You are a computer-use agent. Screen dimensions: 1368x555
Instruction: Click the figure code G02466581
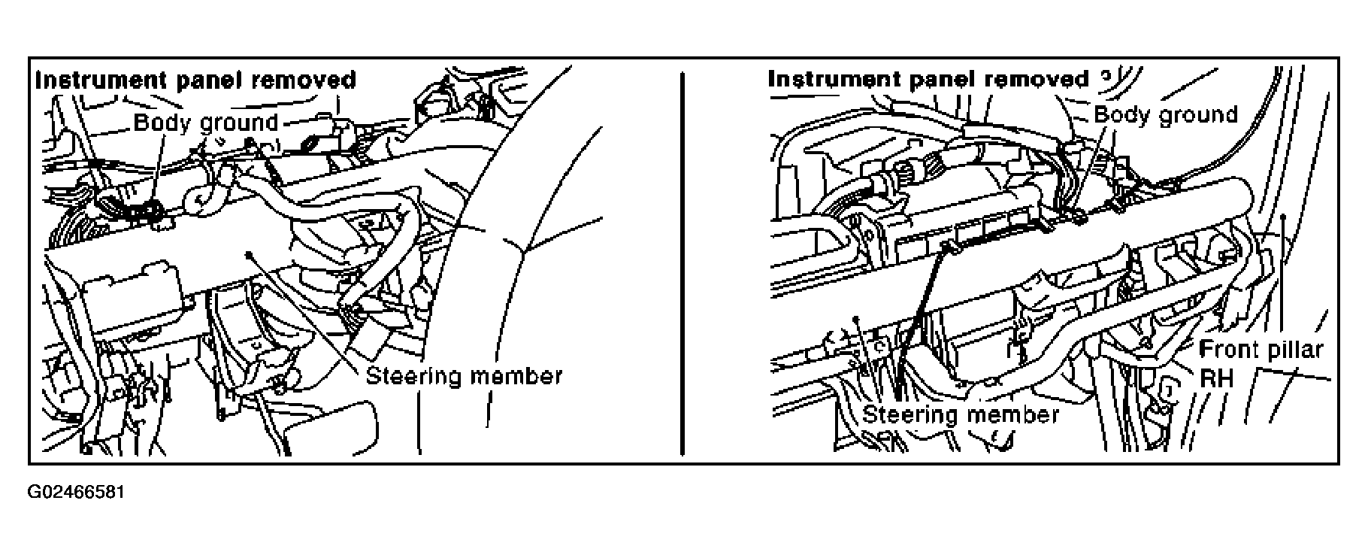[76, 493]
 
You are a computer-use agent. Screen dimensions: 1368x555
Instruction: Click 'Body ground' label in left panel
[206, 122]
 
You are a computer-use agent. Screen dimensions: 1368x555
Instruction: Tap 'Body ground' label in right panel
[1166, 114]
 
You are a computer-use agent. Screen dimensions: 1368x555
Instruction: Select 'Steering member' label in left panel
[464, 375]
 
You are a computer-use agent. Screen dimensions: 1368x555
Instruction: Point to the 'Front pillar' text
[1261, 350]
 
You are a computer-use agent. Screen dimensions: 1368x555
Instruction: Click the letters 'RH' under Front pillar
[1216, 378]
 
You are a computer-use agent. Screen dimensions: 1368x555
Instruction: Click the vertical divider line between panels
[682, 263]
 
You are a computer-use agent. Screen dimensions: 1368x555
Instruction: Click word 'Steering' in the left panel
[413, 375]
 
